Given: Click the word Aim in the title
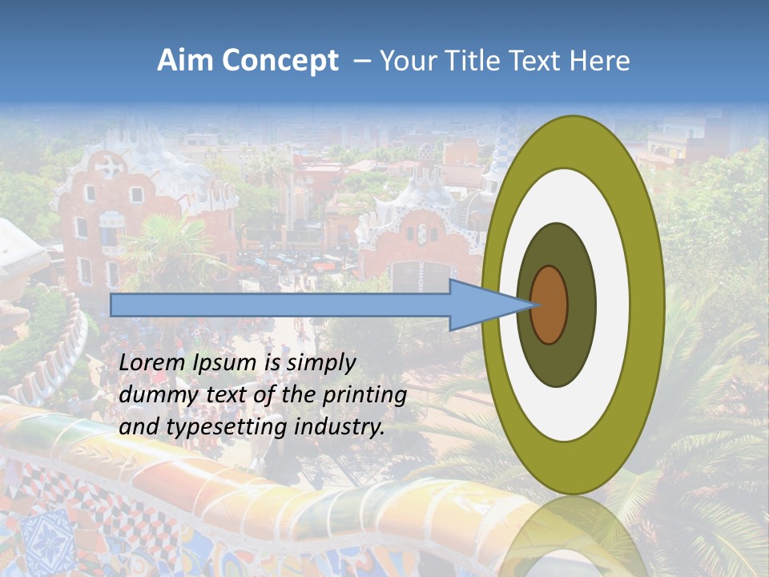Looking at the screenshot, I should [184, 61].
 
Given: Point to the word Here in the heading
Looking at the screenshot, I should [601, 61].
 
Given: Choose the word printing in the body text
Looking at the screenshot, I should [365, 395].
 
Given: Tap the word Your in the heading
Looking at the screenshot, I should [408, 61].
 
